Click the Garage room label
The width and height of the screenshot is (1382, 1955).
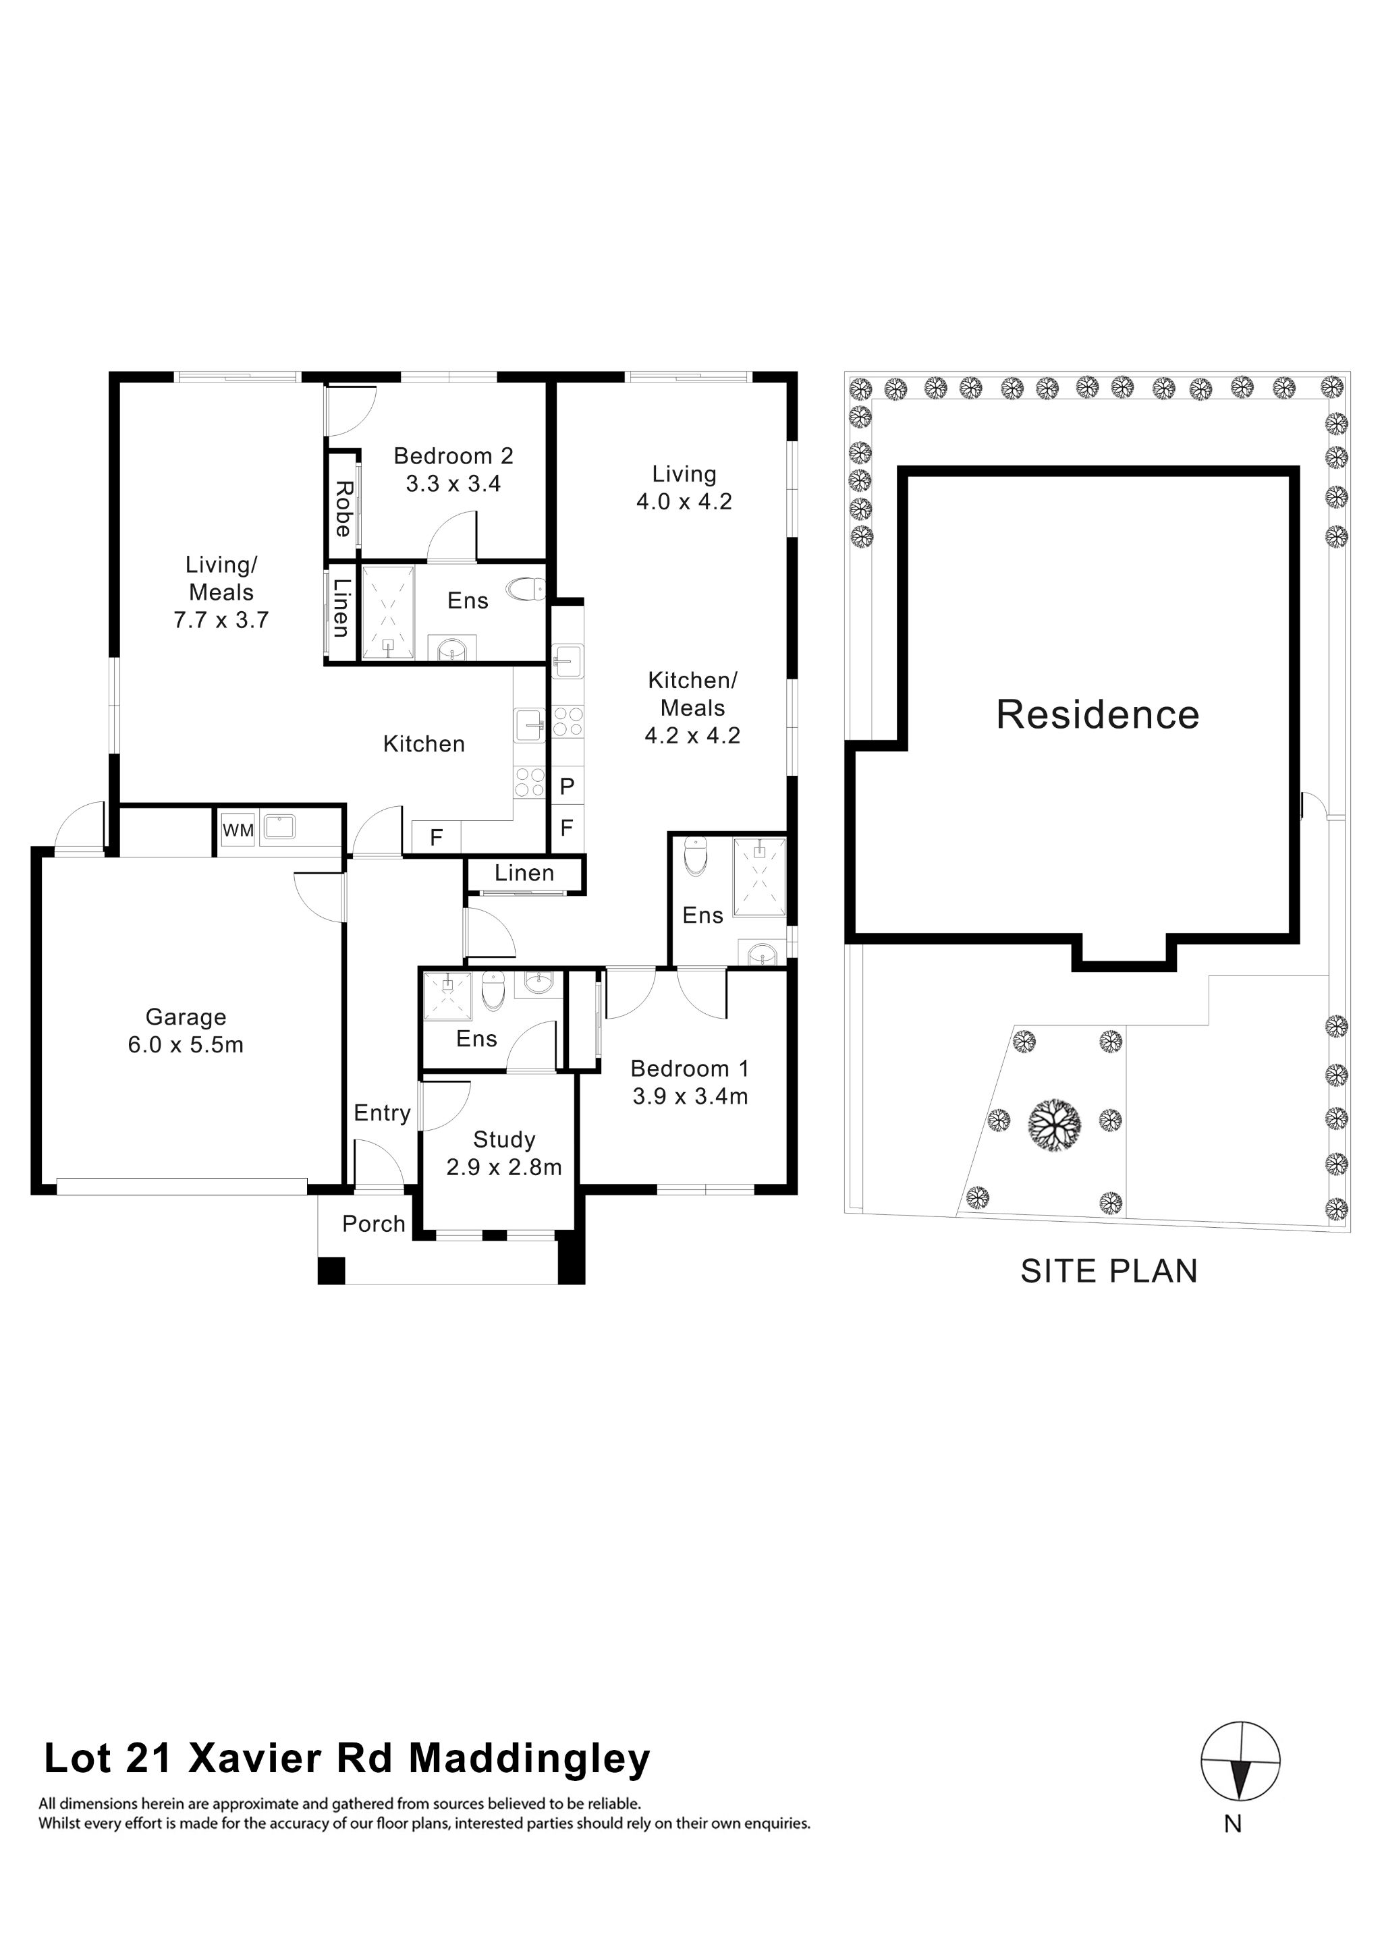[x=186, y=1017]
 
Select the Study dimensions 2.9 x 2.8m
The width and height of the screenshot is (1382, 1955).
[x=504, y=1166]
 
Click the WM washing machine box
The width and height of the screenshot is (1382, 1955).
[x=238, y=829]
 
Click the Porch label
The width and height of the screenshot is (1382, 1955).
[x=373, y=1224]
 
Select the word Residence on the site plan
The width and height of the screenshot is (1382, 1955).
[x=1098, y=714]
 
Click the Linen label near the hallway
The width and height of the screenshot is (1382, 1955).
[x=524, y=873]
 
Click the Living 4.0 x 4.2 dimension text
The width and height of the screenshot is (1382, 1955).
[x=684, y=501]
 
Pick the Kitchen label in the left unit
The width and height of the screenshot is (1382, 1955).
[x=424, y=744]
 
